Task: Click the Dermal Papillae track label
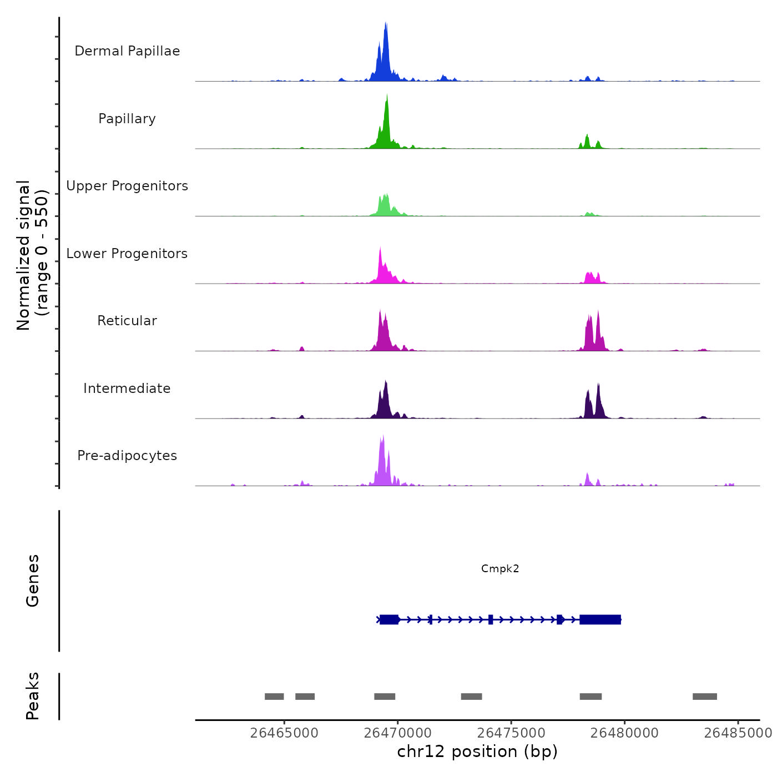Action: click(127, 51)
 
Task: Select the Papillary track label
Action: click(127, 119)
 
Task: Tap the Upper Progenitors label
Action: click(127, 186)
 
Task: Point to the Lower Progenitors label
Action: click(127, 254)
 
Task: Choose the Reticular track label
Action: click(127, 321)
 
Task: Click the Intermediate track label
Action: click(127, 389)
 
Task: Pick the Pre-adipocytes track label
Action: click(127, 456)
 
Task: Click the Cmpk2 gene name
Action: click(500, 568)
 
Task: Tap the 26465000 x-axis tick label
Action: click(284, 733)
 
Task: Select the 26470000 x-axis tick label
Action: click(398, 733)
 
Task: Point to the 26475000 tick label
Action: click(511, 733)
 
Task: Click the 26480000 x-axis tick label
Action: click(624, 733)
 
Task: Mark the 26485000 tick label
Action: click(738, 733)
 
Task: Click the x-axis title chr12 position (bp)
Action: click(477, 751)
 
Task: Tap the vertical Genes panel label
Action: click(32, 581)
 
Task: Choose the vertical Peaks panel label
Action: click(32, 696)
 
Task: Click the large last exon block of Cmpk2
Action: click(600, 619)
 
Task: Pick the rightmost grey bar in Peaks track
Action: click(704, 697)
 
